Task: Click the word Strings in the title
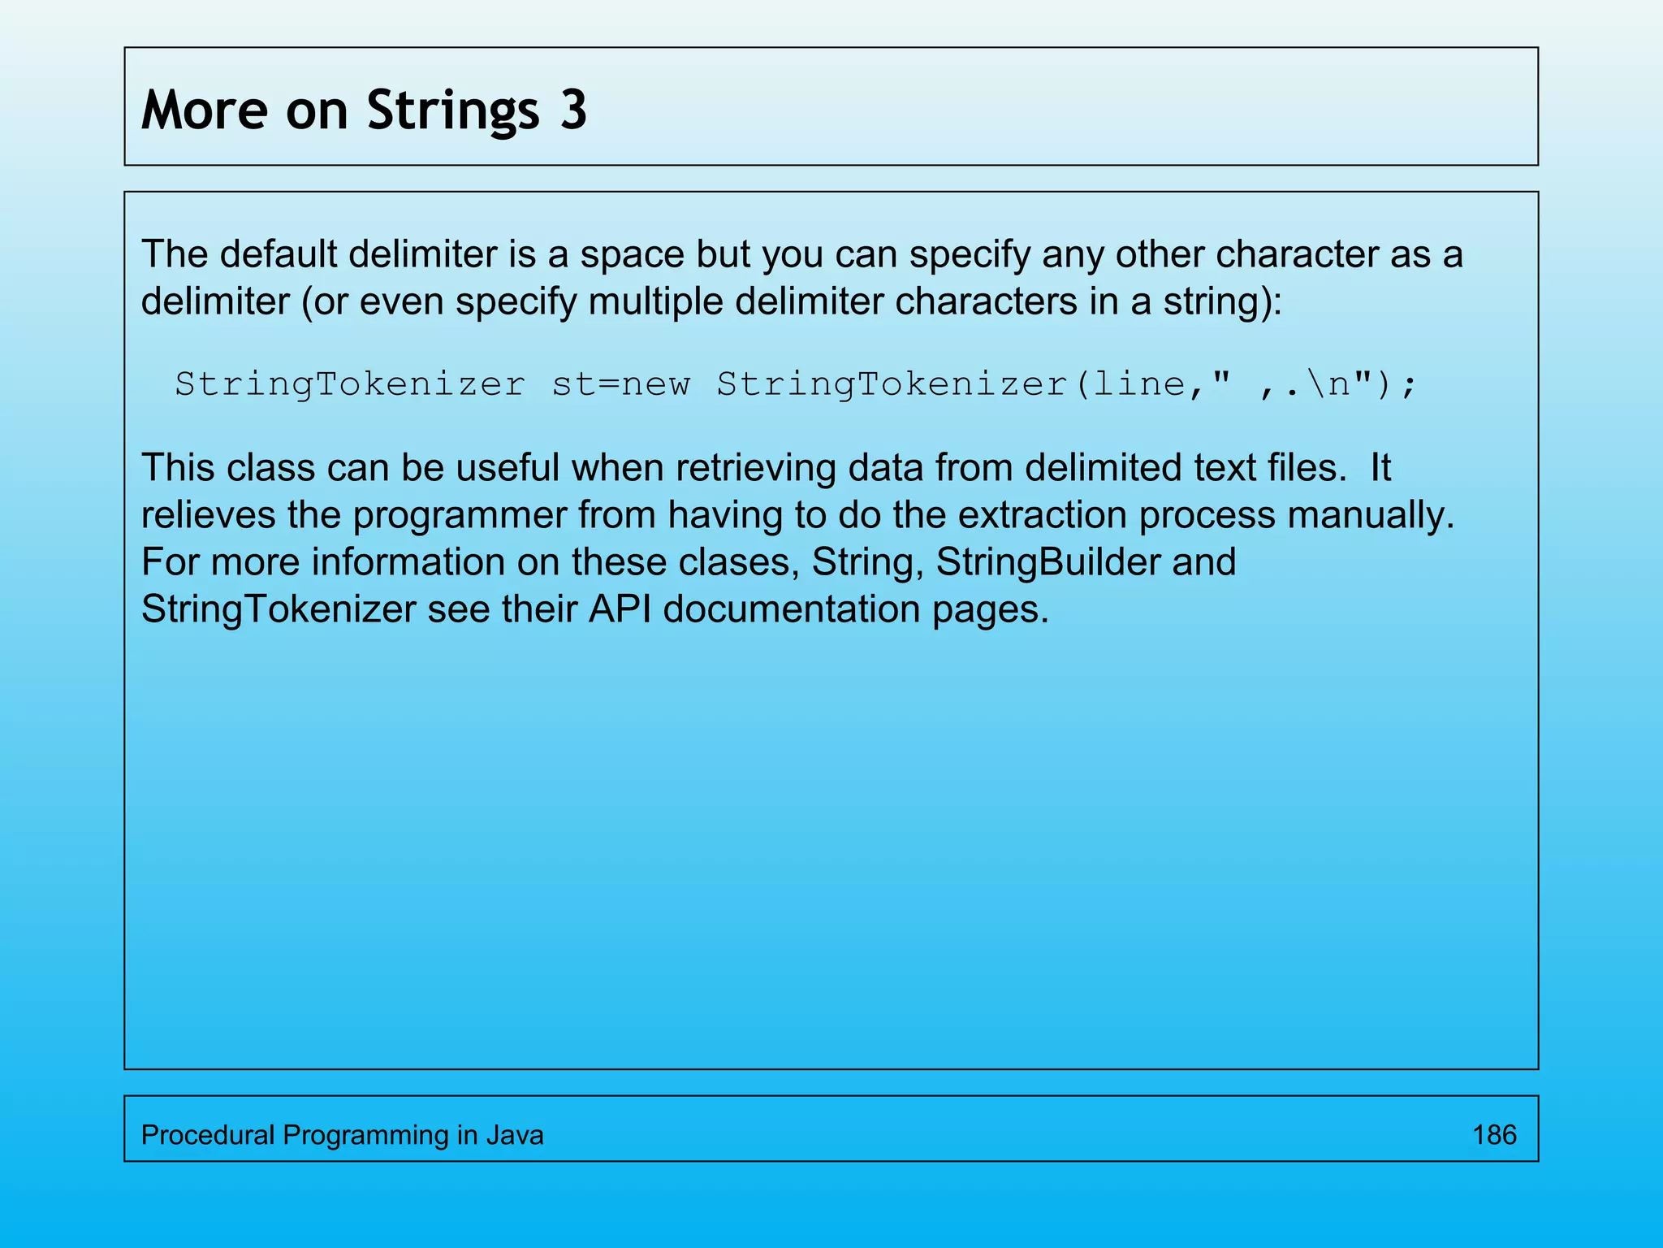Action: pyautogui.click(x=453, y=110)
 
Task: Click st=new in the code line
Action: pyautogui.click(x=620, y=384)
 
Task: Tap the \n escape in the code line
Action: pyautogui.click(x=1328, y=384)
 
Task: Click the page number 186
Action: pyautogui.click(x=1494, y=1135)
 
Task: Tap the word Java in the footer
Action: pyautogui.click(x=515, y=1135)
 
